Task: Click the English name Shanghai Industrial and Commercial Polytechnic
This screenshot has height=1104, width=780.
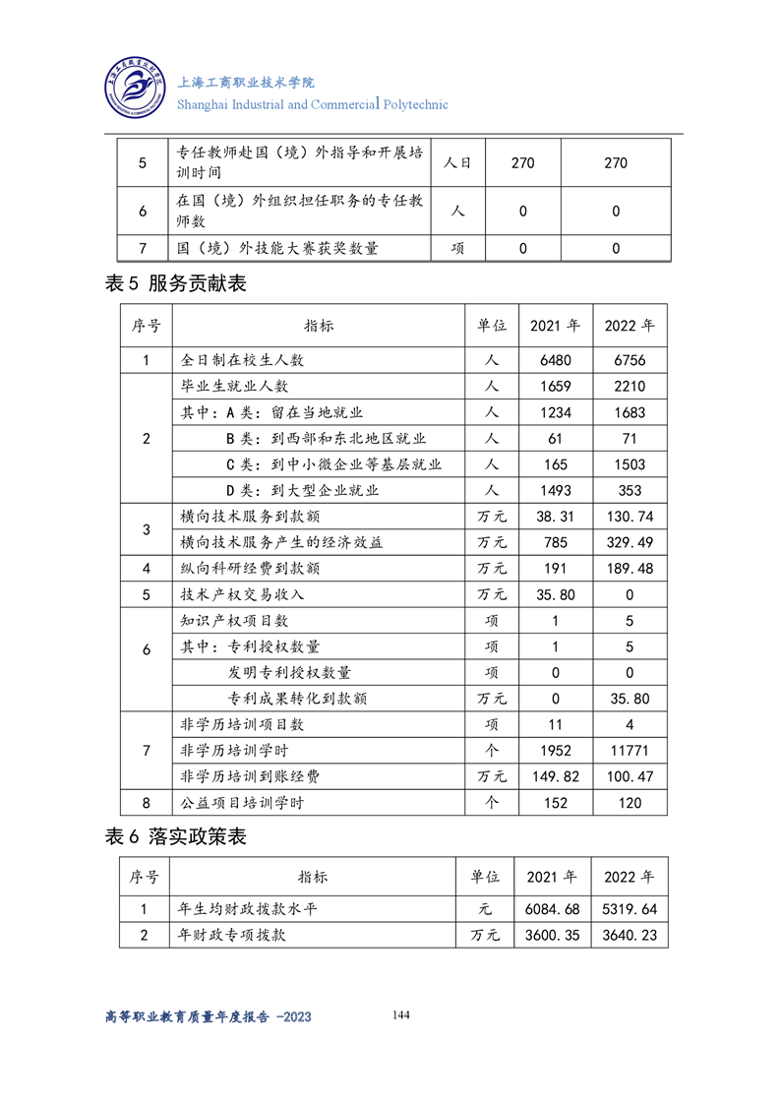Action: pyautogui.click(x=312, y=104)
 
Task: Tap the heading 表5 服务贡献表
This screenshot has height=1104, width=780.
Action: pyautogui.click(x=175, y=284)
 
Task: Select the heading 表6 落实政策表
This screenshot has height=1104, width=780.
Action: pyautogui.click(x=175, y=837)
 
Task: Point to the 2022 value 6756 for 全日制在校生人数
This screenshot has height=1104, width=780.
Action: pyautogui.click(x=629, y=361)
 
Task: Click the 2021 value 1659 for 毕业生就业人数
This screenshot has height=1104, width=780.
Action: pyautogui.click(x=555, y=387)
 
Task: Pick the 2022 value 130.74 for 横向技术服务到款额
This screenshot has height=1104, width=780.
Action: pyautogui.click(x=629, y=517)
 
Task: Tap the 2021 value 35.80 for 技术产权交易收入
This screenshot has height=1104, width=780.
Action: pyautogui.click(x=555, y=594)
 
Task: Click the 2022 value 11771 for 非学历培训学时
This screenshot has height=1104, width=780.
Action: pyautogui.click(x=629, y=751)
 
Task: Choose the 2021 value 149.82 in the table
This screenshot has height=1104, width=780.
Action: pyautogui.click(x=555, y=776)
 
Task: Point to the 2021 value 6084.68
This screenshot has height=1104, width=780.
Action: pyautogui.click(x=553, y=909)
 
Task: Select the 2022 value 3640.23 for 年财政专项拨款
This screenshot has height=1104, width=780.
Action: pyautogui.click(x=629, y=935)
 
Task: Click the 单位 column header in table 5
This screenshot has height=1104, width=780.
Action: pyautogui.click(x=492, y=326)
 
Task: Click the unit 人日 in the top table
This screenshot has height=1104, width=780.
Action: pyautogui.click(x=457, y=162)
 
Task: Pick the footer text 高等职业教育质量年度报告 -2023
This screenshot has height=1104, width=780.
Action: pyautogui.click(x=208, y=1016)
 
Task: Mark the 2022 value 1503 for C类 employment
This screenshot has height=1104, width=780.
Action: pyautogui.click(x=629, y=464)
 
